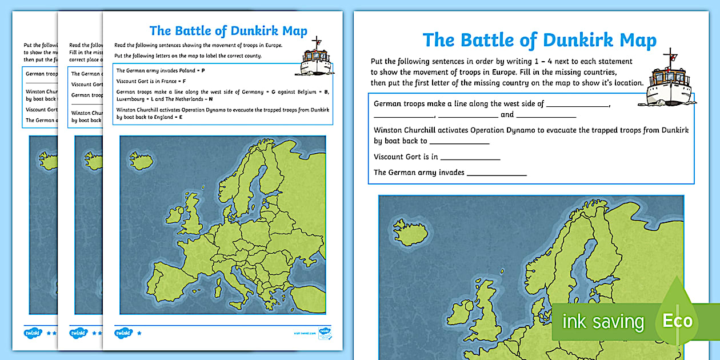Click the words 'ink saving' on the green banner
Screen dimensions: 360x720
[x=603, y=321]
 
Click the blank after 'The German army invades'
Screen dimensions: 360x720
[x=497, y=173]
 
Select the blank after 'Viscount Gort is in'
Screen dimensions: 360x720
[x=470, y=157]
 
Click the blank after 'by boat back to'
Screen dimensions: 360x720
[x=459, y=141]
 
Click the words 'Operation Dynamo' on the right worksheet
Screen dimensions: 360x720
[x=503, y=130]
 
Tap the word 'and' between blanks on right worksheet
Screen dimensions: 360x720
[x=507, y=115]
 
